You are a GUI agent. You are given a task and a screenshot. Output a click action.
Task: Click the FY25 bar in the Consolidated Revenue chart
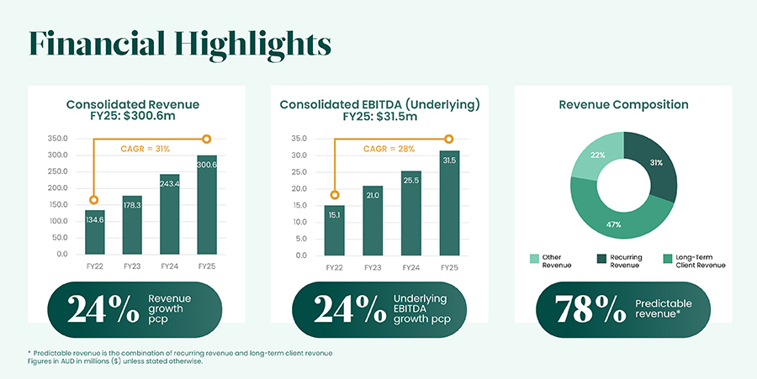pyautogui.click(x=208, y=205)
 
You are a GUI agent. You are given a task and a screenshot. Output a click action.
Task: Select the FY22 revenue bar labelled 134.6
pyautogui.click(x=95, y=232)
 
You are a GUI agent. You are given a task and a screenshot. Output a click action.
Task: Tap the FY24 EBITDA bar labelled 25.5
pyautogui.click(x=410, y=213)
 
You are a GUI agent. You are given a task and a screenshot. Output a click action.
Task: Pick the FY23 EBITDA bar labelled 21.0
pyautogui.click(x=373, y=221)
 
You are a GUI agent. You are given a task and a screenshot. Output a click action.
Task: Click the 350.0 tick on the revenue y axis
pyautogui.click(x=58, y=139)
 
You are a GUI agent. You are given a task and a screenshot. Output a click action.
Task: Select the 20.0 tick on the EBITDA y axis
pyautogui.click(x=299, y=188)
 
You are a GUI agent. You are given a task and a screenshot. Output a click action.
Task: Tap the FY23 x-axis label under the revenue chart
pyautogui.click(x=132, y=267)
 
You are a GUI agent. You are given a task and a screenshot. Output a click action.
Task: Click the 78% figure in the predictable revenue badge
pyautogui.click(x=585, y=308)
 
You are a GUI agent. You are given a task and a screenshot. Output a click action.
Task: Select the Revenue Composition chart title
pyautogui.click(x=623, y=105)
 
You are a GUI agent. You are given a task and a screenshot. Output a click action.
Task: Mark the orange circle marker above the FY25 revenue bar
pyautogui.click(x=208, y=139)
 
